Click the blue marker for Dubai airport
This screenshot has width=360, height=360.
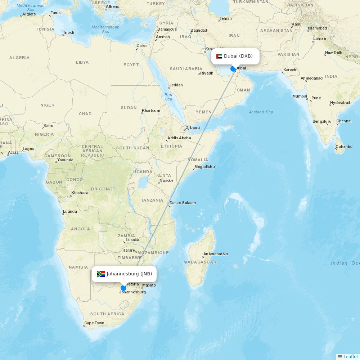point(233,69)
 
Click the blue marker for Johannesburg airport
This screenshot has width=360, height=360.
point(123,288)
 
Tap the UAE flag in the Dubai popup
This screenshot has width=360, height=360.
point(219,56)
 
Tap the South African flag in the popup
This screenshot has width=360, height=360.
point(101,274)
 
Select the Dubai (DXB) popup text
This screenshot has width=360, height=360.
point(238,56)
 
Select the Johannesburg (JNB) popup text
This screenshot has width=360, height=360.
point(129,274)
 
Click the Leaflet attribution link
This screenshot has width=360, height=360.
point(351,356)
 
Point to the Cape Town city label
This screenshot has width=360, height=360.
point(94,323)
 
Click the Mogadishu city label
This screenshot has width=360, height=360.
point(204,167)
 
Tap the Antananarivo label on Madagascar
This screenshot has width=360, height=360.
point(216,254)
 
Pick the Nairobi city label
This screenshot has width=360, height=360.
point(166,180)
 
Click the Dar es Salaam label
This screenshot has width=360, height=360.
point(183,203)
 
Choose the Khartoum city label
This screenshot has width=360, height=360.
point(151,111)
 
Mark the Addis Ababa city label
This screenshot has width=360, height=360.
point(179,138)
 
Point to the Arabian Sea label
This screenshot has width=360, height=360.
point(261,112)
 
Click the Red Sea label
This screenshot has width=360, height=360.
point(168,97)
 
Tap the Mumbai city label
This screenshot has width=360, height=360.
point(300,96)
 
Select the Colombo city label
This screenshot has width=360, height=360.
point(344,147)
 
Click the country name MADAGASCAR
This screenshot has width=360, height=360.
point(200,262)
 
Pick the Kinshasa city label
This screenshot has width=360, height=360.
point(80,193)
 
